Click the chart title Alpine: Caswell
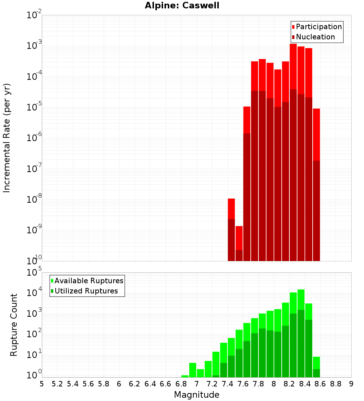182,6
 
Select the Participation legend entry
319,27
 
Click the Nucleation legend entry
315,37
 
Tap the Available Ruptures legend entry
89,281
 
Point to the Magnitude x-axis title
197,394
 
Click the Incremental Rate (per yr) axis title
7,138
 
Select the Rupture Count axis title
14,324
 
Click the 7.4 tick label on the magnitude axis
227,384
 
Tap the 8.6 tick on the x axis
320,384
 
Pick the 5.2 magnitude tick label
57,384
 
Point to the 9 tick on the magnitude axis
351,384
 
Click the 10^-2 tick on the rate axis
34,15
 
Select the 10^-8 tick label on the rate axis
34,199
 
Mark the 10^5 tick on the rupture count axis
34,272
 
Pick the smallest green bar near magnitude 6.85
185,376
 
